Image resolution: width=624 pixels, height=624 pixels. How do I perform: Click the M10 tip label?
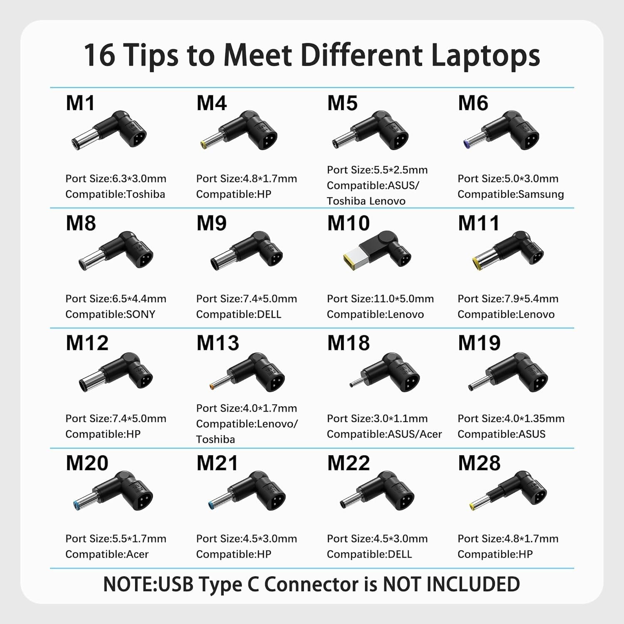tap(348, 223)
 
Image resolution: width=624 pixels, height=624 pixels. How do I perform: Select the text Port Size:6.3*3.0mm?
tap(116, 178)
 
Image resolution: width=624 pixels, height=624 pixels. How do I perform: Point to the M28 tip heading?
tap(479, 463)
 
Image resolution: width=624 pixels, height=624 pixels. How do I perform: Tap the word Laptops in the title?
tap(485, 56)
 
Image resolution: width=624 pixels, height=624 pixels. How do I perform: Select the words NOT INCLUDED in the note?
tap(451, 584)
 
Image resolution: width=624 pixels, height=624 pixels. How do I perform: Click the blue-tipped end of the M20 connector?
tap(77, 506)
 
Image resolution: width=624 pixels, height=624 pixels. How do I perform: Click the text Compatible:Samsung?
tap(511, 194)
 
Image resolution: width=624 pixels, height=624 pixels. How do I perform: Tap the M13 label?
tap(218, 343)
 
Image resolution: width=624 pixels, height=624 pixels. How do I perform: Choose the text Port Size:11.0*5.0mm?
tap(380, 299)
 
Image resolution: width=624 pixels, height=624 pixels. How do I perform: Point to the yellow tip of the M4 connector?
tap(204, 144)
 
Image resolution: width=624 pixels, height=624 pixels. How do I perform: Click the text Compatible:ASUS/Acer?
tap(384, 434)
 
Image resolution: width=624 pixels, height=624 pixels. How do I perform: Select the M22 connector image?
tap(377, 491)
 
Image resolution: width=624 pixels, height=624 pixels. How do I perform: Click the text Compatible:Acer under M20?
tap(107, 554)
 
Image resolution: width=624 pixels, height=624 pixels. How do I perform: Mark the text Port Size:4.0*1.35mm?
tap(511, 418)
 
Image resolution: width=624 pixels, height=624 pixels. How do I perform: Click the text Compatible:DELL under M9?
tap(239, 314)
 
